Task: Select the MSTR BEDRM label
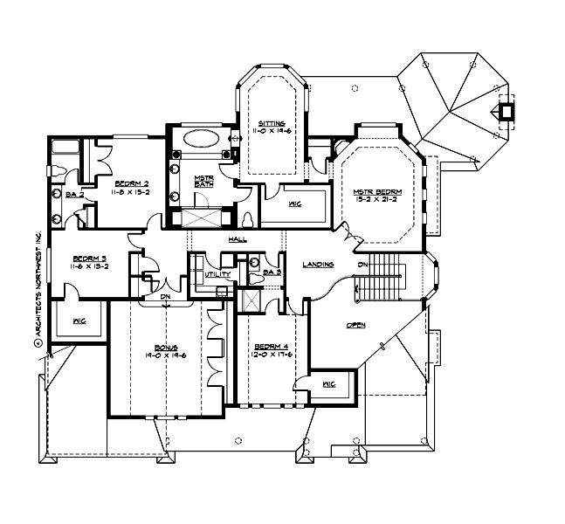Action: click(x=376, y=191)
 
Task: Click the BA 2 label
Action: click(x=73, y=194)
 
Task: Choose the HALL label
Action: click(x=237, y=239)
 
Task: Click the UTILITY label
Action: click(x=217, y=275)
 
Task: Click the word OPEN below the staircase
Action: click(x=355, y=325)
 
